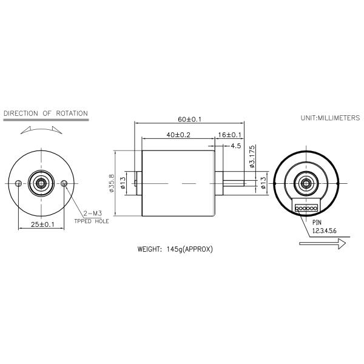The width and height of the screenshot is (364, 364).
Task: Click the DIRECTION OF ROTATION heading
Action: click(45, 113)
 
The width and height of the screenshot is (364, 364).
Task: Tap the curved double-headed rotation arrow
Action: click(41, 130)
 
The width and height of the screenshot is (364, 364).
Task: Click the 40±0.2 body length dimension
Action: click(178, 135)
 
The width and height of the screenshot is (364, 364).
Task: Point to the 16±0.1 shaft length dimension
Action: click(230, 135)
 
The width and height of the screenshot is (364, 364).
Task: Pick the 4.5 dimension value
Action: click(235, 146)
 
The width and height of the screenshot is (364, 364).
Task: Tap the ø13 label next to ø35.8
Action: click(123, 183)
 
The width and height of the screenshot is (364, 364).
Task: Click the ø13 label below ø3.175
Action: click(263, 183)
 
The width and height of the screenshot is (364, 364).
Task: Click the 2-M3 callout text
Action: click(93, 214)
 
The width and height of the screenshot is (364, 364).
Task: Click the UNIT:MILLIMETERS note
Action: click(330, 117)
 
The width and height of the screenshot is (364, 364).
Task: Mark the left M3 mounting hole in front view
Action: click(19, 183)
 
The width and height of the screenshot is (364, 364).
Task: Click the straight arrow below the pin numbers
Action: click(322, 243)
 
